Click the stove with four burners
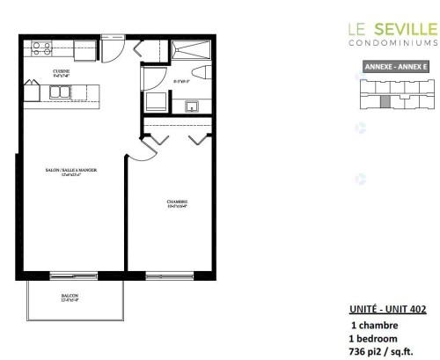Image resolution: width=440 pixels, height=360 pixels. [40, 46]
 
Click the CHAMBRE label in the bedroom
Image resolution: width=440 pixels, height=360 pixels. [177, 203]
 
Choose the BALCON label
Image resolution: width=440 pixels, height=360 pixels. [70, 297]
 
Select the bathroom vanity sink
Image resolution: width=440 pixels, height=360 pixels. [191, 107]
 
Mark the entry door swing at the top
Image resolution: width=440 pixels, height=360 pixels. [112, 48]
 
